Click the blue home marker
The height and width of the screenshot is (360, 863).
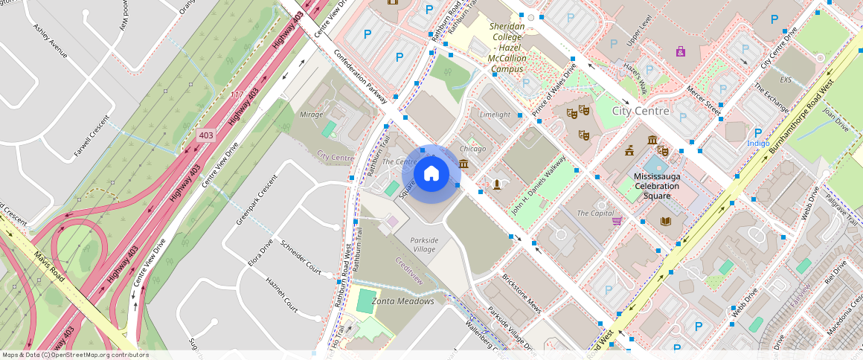pos(431,174)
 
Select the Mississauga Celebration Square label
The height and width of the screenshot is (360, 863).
pos(657,186)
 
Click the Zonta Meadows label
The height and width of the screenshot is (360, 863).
pos(402,301)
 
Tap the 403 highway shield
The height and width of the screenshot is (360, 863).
pos(206,136)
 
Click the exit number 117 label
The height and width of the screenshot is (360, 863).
pos(237,94)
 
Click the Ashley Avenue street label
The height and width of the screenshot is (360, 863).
pos(51,40)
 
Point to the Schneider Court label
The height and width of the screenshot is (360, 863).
pos(301,256)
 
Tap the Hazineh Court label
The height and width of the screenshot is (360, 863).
pos(282,294)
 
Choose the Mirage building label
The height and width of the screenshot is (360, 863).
pos(311,115)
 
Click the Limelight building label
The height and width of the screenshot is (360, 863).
pos(495,115)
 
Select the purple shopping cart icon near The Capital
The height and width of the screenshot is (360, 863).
pos(617,220)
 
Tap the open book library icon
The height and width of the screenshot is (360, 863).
pos(664,221)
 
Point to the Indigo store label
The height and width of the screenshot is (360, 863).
pos(758,143)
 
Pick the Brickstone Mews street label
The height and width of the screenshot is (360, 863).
pos(522,291)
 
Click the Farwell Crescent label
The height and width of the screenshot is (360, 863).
pos(92,138)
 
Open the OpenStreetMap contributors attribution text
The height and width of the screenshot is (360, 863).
pos(75,355)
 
